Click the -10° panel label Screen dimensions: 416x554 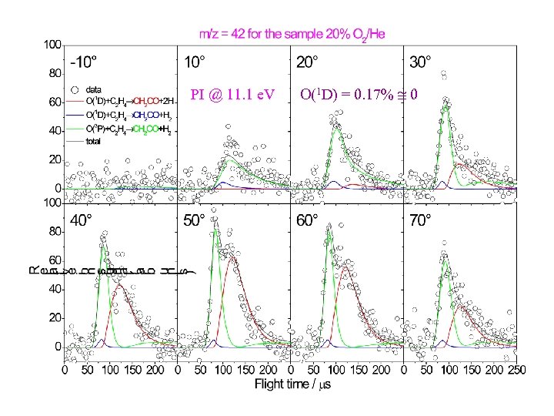(x=84, y=61)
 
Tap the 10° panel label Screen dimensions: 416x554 (x=195, y=61)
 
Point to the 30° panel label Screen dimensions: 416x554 (x=421, y=61)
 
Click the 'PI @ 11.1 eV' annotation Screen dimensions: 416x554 (x=235, y=96)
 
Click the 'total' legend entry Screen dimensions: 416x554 (x=97, y=139)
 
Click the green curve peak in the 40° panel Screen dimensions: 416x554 (x=102, y=245)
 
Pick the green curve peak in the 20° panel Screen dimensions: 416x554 (x=334, y=125)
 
